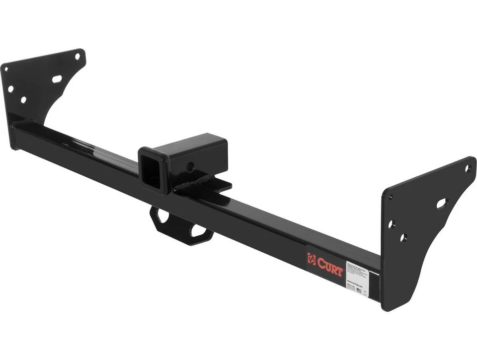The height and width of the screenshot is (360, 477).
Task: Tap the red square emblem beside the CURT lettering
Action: tap(312, 259)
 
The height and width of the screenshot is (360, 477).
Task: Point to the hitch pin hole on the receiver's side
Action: tap(190, 167)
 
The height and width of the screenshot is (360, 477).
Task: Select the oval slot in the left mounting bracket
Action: tap(57, 79)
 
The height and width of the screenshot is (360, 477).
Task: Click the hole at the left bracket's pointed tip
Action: tap(78, 57)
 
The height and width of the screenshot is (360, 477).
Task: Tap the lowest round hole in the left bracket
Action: tap(23, 99)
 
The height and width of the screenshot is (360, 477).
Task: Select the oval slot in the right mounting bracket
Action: tap(442, 203)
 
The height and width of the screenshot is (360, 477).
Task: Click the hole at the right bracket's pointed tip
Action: tap(468, 168)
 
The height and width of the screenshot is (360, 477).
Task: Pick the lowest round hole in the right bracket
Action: tap(403, 238)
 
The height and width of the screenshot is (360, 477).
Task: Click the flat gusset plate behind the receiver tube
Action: tap(214, 186)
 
